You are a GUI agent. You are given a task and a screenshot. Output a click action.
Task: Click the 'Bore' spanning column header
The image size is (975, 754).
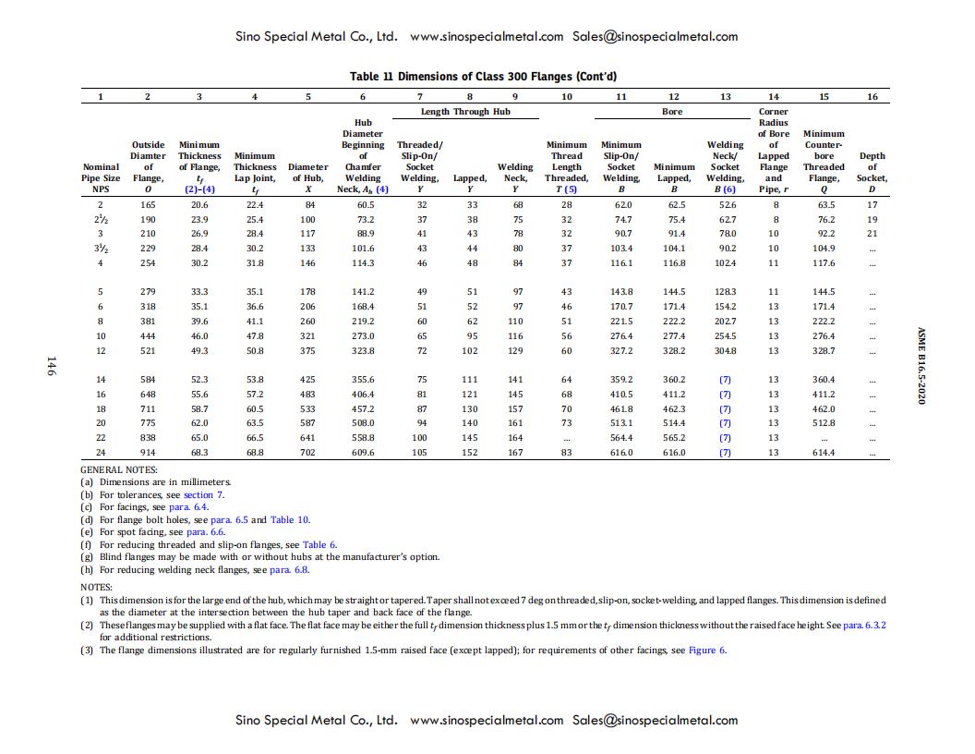pyautogui.click(x=672, y=111)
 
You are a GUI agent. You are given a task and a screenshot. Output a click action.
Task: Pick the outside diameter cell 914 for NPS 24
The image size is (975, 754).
pyautogui.click(x=148, y=453)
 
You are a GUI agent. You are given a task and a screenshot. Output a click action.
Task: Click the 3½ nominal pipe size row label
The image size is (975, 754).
pyautogui.click(x=100, y=249)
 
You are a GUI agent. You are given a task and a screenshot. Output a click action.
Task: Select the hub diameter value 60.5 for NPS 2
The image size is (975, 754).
pyautogui.click(x=365, y=204)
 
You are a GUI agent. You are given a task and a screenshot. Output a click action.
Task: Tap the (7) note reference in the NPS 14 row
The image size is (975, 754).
pyautogui.click(x=725, y=380)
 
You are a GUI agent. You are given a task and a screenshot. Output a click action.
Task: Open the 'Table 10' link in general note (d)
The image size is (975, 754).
pyautogui.click(x=290, y=519)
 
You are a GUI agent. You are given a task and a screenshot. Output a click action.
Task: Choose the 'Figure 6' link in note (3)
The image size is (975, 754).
pyautogui.click(x=707, y=650)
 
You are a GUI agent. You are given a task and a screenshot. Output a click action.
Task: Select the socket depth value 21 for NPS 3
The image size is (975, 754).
pyautogui.click(x=872, y=234)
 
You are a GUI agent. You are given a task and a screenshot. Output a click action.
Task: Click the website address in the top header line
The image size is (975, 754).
pyautogui.click(x=486, y=37)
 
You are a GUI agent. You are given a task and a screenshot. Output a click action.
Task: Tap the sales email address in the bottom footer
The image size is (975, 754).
pyautogui.click(x=655, y=720)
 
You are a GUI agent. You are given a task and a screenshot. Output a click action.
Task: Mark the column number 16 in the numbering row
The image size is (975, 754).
pyautogui.click(x=872, y=96)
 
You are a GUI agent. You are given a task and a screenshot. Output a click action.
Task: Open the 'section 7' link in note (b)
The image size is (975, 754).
pyautogui.click(x=203, y=494)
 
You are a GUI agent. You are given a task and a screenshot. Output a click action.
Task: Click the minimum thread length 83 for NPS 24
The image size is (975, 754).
pyautogui.click(x=566, y=453)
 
